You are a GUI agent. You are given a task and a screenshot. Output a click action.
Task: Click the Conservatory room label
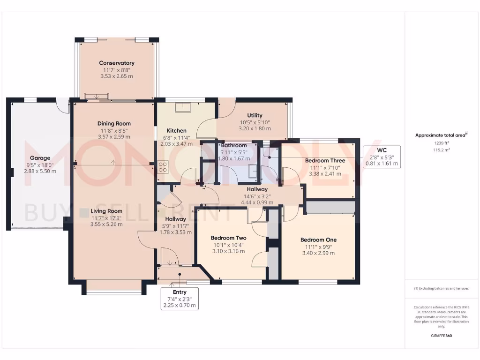[117, 63]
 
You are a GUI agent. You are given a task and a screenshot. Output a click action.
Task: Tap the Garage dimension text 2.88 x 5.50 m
[40, 172]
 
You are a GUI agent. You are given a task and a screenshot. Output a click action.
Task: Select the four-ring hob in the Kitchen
[163, 167]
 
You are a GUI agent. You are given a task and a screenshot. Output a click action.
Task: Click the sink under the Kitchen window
[181, 107]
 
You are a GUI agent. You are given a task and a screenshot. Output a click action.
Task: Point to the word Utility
[255, 115]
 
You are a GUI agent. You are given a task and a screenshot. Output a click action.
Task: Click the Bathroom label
[234, 145]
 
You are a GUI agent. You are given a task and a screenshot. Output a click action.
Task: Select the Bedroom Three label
[325, 161]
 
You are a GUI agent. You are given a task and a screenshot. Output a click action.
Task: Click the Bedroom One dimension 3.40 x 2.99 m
[318, 253]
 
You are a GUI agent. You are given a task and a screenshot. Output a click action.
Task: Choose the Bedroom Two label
[228, 238]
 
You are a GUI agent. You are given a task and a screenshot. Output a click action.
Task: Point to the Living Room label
[106, 211]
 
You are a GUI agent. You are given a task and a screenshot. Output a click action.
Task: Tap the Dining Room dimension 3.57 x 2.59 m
[114, 137]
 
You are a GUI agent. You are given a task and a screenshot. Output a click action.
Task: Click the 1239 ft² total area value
[441, 143]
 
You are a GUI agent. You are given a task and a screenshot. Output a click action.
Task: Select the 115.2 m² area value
[441, 150]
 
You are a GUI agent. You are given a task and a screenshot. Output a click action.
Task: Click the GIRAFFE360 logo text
[441, 336]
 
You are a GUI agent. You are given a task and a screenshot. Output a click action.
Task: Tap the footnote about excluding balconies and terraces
[441, 288]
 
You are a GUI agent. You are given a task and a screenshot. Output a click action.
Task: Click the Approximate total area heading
[441, 135]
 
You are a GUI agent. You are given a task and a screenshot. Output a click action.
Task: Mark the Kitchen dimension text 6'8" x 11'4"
[176, 137]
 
